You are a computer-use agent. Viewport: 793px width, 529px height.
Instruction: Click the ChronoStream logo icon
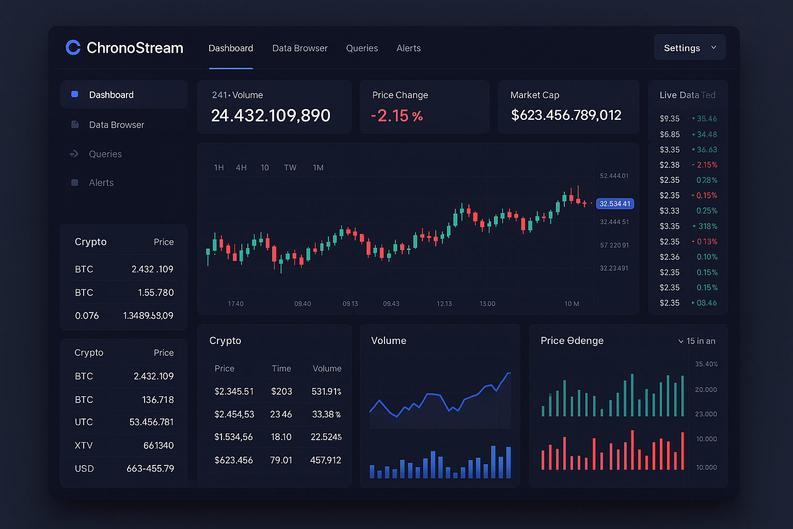73,48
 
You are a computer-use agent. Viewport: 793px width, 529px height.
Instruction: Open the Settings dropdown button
689,48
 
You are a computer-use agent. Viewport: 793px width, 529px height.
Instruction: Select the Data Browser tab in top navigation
300,48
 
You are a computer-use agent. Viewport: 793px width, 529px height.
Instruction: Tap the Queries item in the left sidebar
105,154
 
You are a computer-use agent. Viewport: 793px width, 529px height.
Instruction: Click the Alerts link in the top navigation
408,48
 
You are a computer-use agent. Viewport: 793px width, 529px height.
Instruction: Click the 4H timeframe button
241,168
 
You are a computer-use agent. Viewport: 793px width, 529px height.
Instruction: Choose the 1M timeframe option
318,168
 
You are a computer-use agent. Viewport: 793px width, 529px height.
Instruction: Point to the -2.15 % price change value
396,116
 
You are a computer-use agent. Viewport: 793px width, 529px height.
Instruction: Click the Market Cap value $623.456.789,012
566,115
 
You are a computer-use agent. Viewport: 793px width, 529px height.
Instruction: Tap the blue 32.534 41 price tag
615,204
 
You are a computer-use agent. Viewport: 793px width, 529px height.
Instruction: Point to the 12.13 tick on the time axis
444,304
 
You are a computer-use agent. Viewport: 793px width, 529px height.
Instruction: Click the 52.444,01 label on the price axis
614,176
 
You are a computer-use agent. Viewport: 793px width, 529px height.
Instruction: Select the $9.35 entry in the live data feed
670,119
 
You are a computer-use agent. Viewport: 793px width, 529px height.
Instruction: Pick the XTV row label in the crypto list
84,445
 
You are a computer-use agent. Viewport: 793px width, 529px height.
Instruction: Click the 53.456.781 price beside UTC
151,422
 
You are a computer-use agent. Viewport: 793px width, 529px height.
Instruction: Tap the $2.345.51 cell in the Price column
234,392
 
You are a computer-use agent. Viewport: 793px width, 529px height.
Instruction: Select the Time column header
281,368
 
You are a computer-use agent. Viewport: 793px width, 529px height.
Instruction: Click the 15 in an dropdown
696,341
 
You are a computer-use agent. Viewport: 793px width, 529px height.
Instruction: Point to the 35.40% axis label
706,364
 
